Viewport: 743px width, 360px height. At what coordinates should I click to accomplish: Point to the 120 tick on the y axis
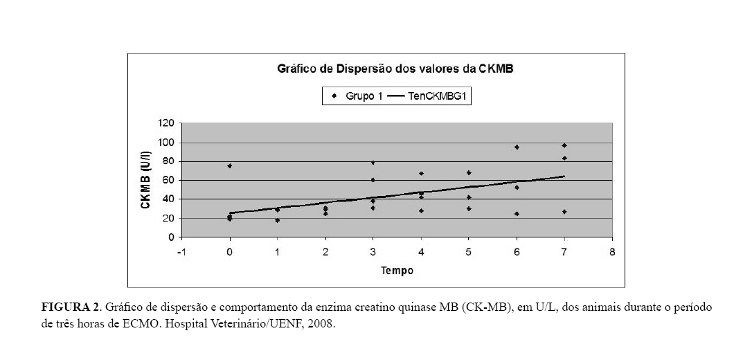(166, 124)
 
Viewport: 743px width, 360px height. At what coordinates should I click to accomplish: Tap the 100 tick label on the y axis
(166, 143)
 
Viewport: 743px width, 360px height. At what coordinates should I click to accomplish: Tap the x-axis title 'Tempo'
(397, 271)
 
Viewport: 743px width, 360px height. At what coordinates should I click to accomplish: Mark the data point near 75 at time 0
(229, 165)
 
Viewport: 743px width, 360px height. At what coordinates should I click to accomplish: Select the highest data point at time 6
(517, 147)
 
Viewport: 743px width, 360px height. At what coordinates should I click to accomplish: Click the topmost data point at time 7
(564, 145)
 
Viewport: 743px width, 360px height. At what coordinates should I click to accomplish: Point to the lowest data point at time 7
(564, 212)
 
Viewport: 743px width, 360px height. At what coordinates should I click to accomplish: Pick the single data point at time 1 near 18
(277, 220)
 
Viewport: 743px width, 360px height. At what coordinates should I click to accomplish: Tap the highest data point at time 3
(373, 163)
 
